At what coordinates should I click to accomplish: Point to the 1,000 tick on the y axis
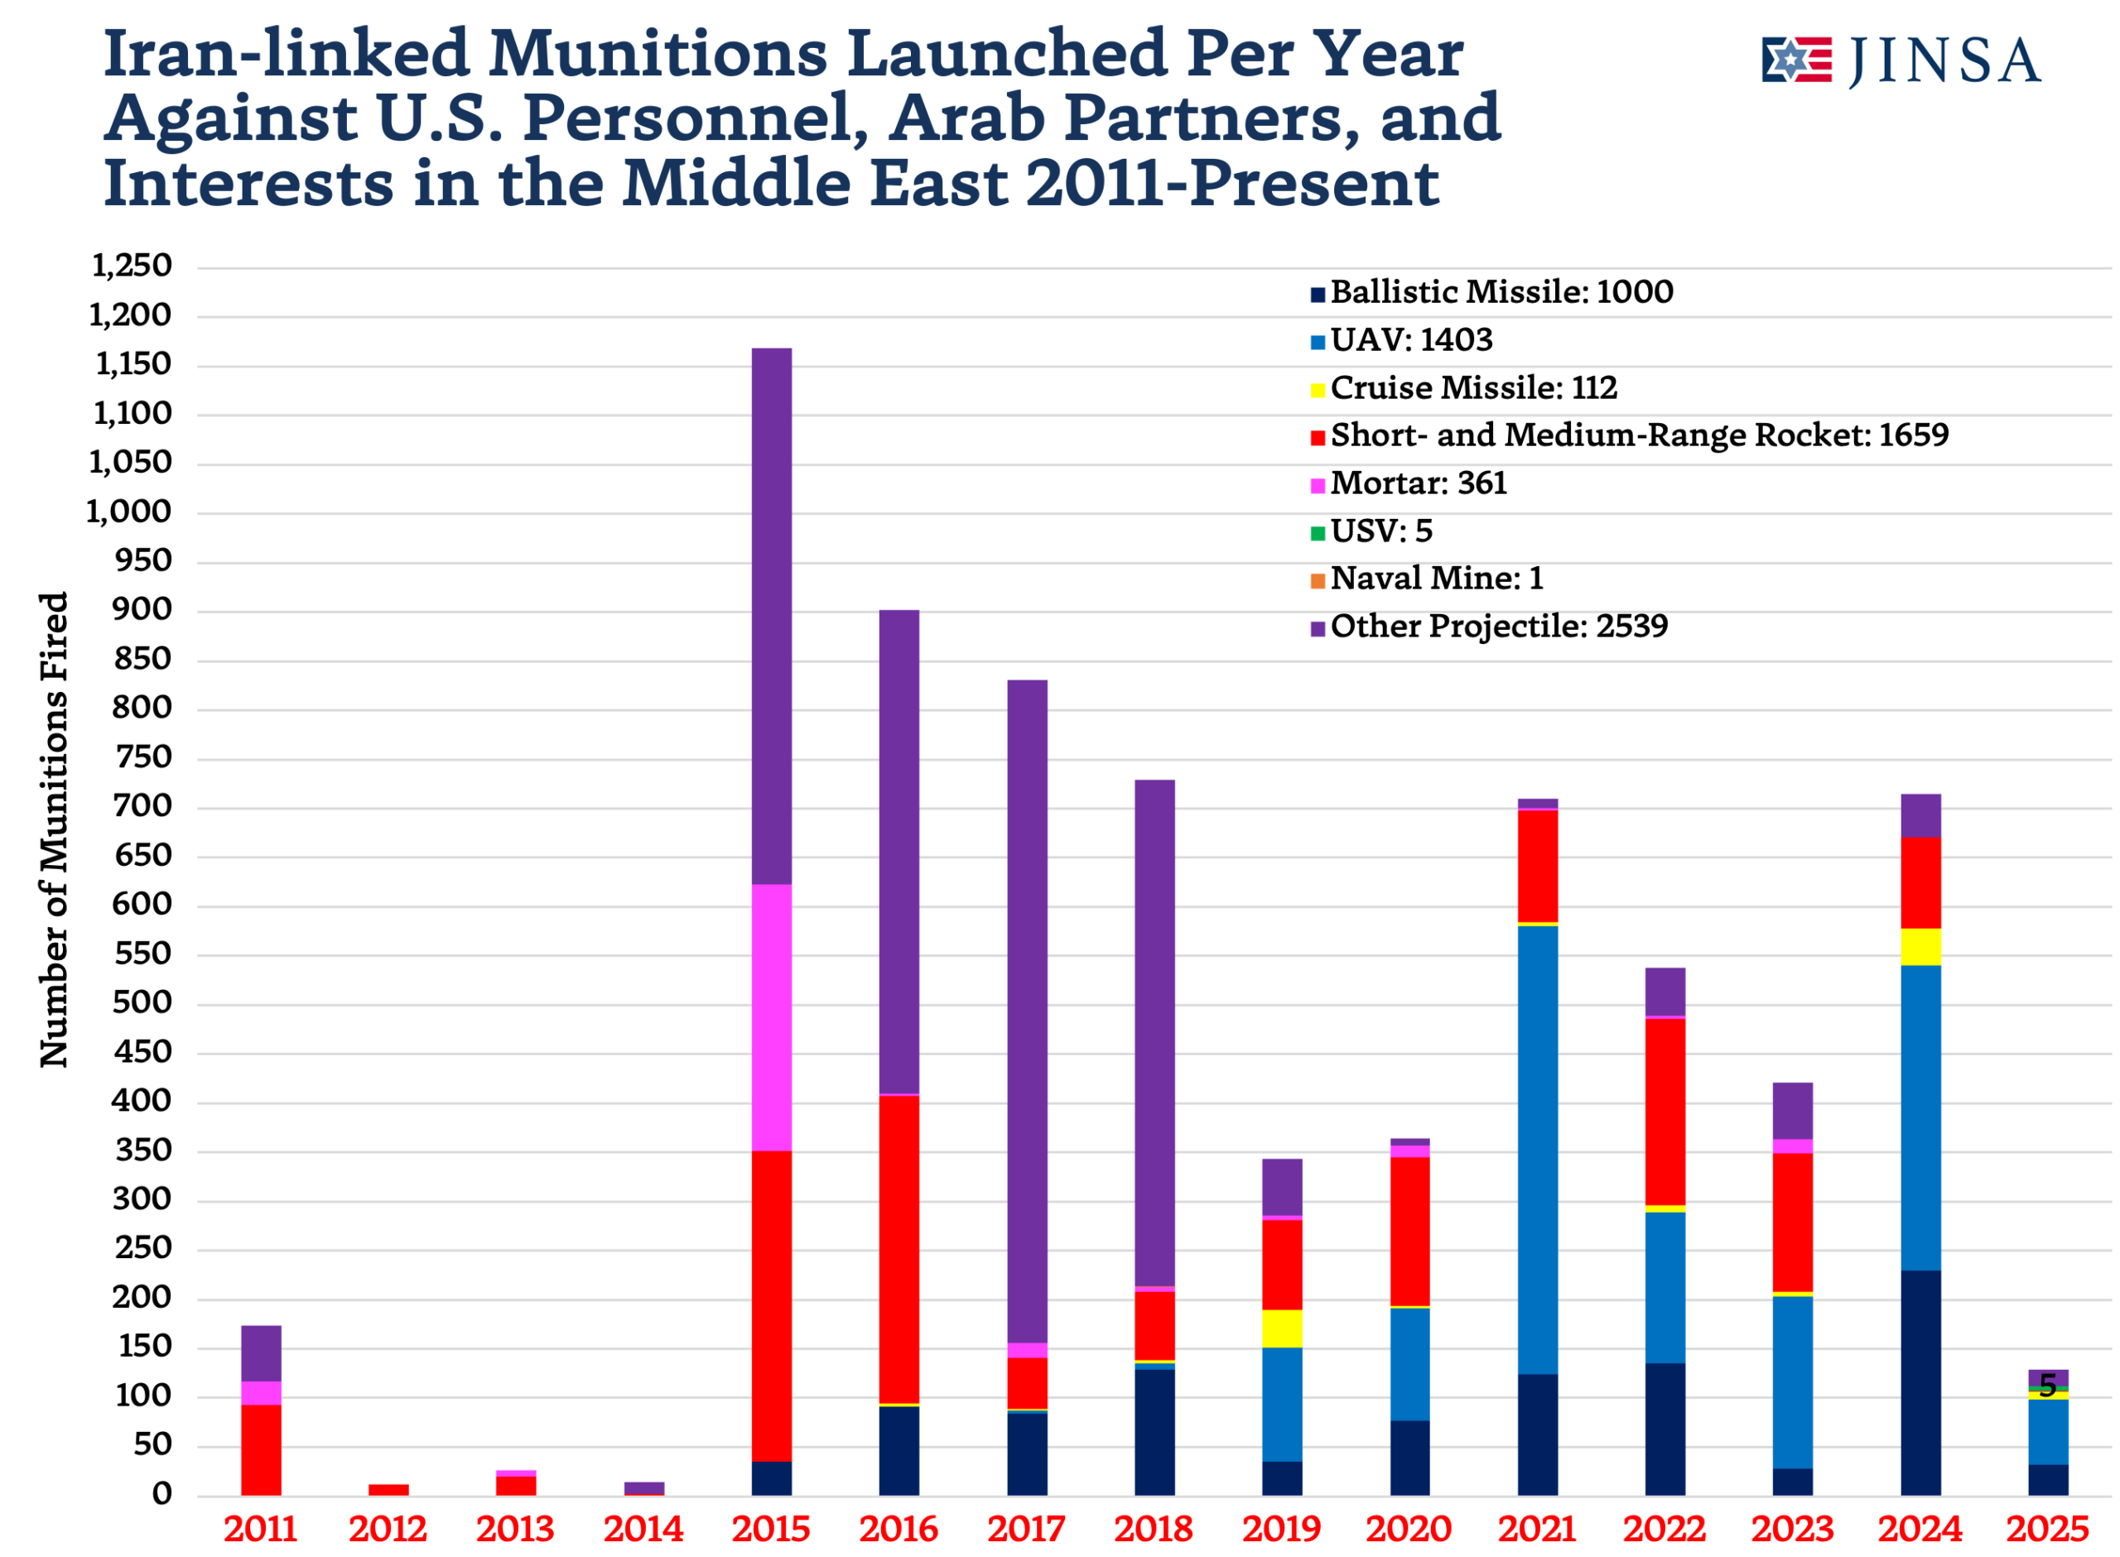point(130,512)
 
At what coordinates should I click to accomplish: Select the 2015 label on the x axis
point(771,1528)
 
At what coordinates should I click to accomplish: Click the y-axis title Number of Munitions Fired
point(55,829)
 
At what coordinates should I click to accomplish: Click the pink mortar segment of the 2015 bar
point(771,1018)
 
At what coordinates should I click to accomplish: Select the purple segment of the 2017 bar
point(1027,1008)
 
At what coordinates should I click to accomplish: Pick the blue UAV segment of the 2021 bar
point(1538,1150)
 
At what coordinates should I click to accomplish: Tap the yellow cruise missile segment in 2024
point(1920,947)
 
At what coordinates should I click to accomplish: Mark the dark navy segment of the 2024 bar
point(1920,1382)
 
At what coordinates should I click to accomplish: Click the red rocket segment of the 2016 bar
point(899,1249)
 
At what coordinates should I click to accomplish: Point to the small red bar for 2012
point(388,1489)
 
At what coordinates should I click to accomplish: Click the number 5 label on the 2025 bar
point(2047,1385)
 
